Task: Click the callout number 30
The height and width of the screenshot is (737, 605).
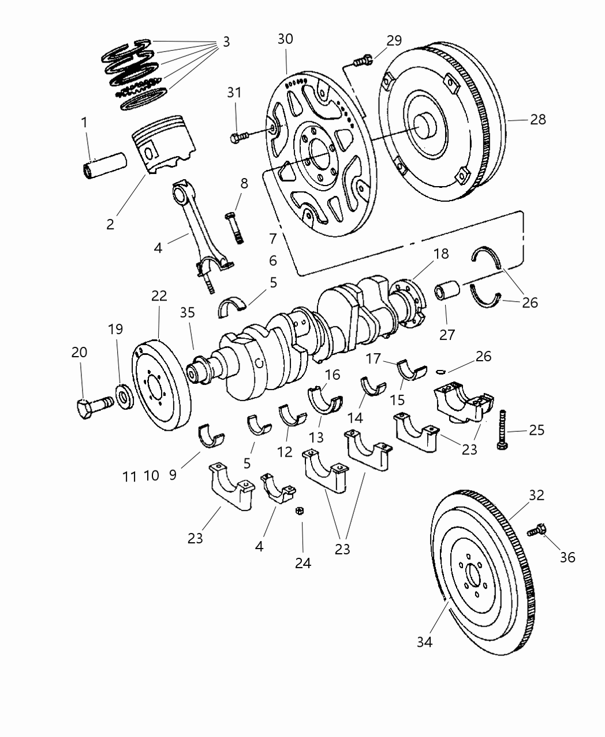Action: (285, 39)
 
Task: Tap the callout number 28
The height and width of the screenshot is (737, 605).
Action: (537, 120)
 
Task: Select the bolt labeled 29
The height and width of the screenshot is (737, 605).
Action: (361, 60)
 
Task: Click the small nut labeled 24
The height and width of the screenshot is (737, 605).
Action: (300, 511)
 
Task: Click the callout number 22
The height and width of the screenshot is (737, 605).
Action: (159, 296)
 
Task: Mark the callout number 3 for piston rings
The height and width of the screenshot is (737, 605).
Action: (226, 42)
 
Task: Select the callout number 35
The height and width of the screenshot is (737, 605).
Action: (187, 313)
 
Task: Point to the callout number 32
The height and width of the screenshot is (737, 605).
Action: (537, 495)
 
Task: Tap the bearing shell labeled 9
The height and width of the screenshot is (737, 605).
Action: (210, 436)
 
